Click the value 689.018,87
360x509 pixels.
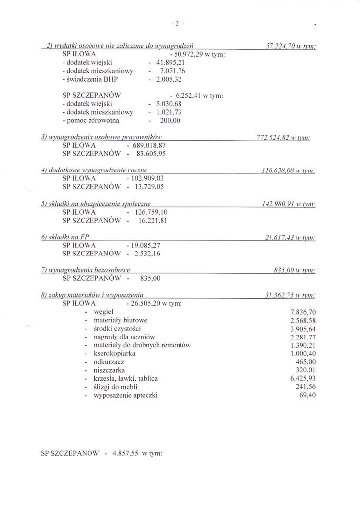pyautogui.click(x=149, y=145)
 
